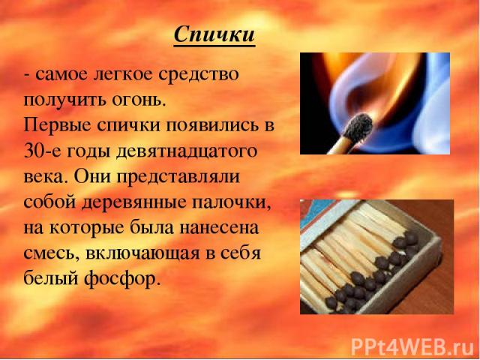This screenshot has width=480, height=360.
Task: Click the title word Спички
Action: [214, 34]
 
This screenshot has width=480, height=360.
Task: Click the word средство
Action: [198, 75]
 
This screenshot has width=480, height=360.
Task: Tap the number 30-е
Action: [42, 151]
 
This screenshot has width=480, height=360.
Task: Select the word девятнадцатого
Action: [187, 152]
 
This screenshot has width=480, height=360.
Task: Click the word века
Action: [43, 178]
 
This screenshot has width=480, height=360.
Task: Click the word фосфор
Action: [122, 279]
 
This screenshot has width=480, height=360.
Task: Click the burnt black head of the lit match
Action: [358, 128]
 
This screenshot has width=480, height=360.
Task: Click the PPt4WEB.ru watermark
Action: [412, 346]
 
